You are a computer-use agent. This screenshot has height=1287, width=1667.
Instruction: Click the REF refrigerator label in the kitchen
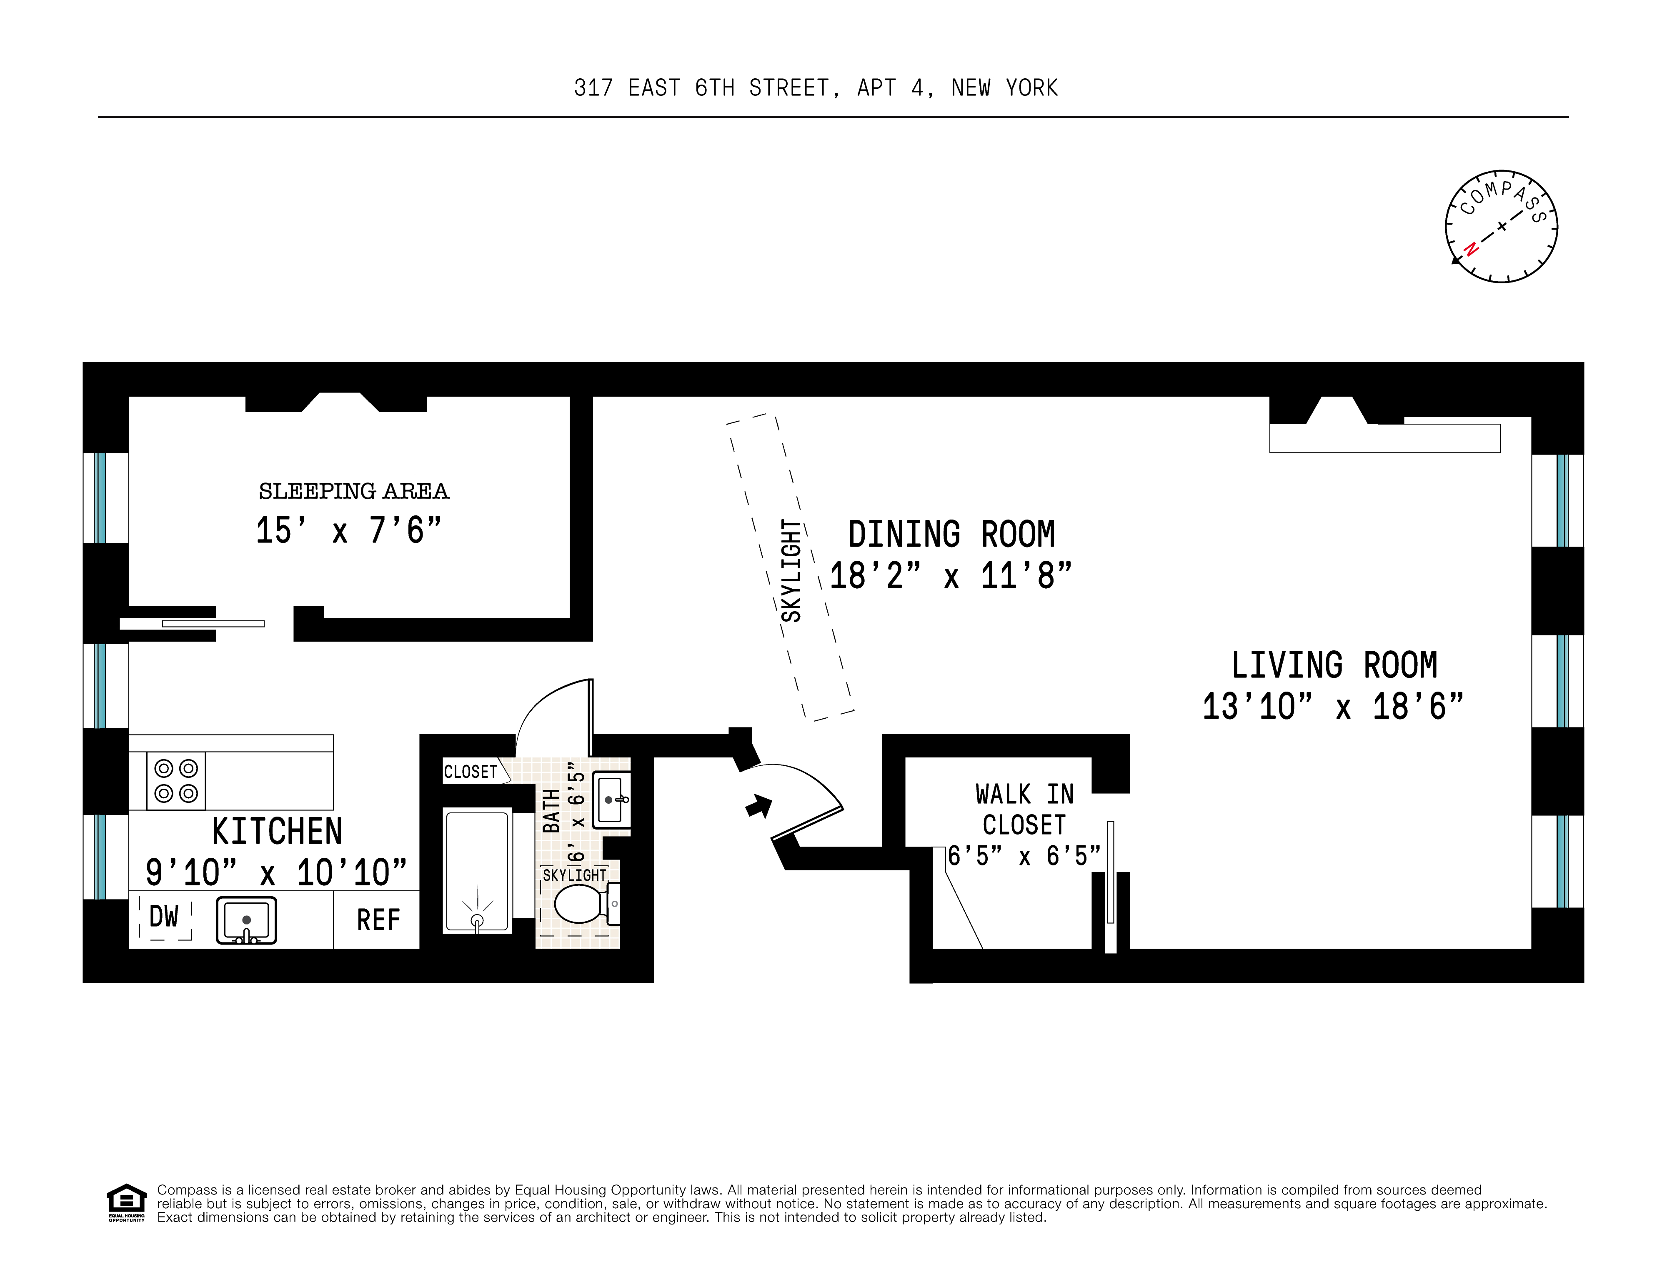(x=378, y=920)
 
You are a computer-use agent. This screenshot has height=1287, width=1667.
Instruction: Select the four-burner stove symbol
(x=176, y=780)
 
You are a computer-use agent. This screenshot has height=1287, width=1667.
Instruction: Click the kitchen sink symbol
(x=246, y=920)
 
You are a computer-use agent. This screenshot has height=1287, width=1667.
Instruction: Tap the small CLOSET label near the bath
(x=470, y=771)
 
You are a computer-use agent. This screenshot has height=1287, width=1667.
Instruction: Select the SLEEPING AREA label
(x=353, y=491)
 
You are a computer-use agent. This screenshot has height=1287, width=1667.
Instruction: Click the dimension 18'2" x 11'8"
(x=950, y=576)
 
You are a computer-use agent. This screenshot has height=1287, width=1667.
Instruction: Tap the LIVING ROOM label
(x=1334, y=665)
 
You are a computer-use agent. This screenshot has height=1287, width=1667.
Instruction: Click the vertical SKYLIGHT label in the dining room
(x=791, y=571)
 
